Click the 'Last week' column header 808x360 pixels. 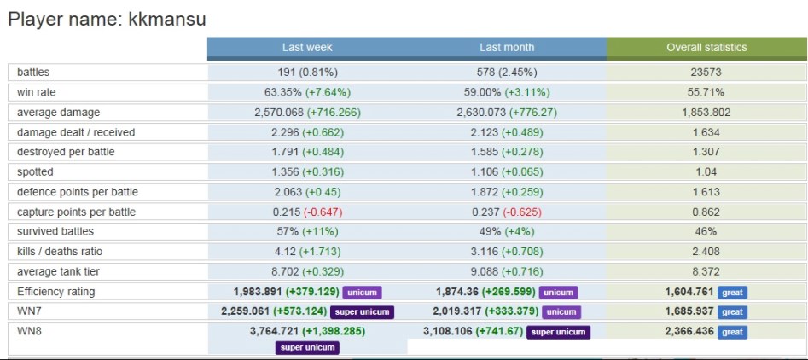pos(307,48)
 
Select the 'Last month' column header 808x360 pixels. pos(507,48)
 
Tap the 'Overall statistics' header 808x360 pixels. pos(706,48)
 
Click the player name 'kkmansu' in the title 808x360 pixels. pos(167,18)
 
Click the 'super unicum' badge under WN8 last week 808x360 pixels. pos(307,347)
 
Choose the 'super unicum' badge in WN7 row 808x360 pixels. pos(361,312)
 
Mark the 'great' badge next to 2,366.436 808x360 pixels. pos(732,332)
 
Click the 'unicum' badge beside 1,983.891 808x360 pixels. pos(363,293)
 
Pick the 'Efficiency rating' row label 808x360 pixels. pos(56,292)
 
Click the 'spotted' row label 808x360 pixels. pos(35,172)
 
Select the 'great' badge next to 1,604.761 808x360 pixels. pos(732,293)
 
